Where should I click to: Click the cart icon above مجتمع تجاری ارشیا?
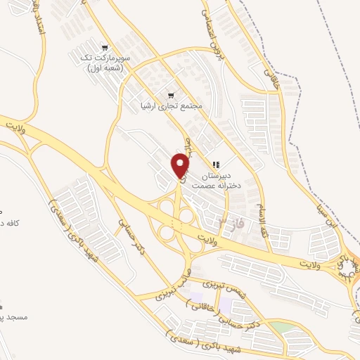click(170, 95)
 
